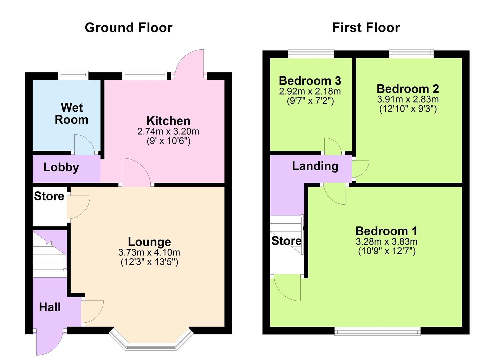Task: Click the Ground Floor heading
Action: point(128,27)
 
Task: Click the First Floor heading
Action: point(366,27)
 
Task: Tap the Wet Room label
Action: point(72,114)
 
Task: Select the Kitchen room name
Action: point(168,121)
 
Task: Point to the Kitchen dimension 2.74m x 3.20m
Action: point(168,131)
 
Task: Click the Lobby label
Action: point(61,167)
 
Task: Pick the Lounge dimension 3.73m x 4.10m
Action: point(149,252)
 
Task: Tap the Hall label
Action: point(50,307)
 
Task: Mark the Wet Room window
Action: point(73,76)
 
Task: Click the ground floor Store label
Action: point(49,196)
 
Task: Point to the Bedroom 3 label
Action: point(310,81)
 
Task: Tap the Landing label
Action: point(315,166)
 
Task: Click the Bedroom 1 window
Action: point(377,331)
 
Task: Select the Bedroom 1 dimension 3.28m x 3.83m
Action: point(386,242)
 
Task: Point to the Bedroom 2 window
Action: point(411,53)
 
